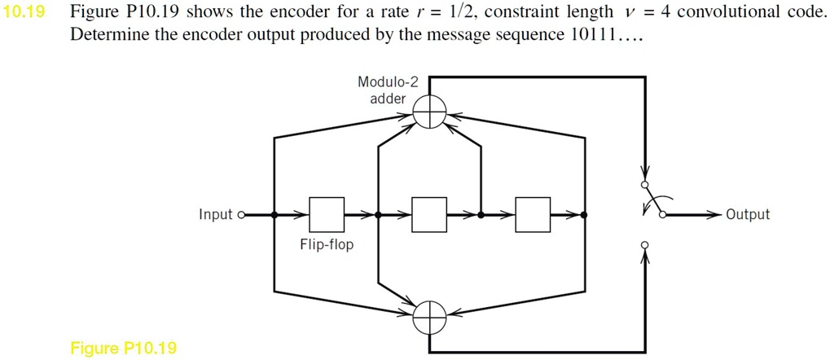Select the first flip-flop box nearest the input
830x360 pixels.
coord(327,215)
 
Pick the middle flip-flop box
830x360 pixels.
coord(429,215)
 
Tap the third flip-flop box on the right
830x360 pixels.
coord(533,215)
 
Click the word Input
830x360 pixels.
coord(215,215)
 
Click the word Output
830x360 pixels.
coord(748,215)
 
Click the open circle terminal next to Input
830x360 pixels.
coord(240,215)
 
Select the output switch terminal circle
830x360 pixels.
coord(662,215)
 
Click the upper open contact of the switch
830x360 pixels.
coord(644,186)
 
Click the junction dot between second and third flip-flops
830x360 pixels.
coord(481,215)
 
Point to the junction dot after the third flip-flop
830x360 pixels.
coord(584,215)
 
